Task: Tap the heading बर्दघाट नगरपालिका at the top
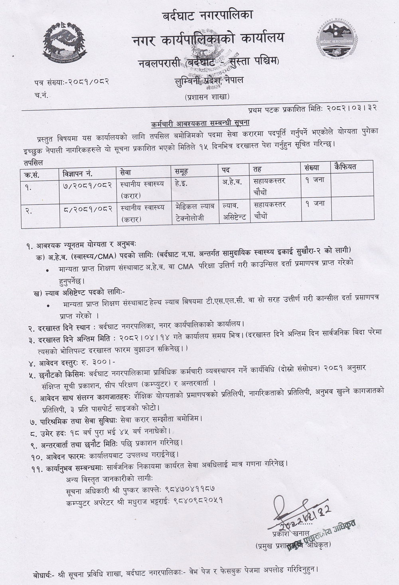(207, 16)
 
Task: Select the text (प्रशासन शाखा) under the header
(207, 97)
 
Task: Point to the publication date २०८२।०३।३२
(352, 108)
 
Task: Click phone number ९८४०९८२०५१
(198, 500)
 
